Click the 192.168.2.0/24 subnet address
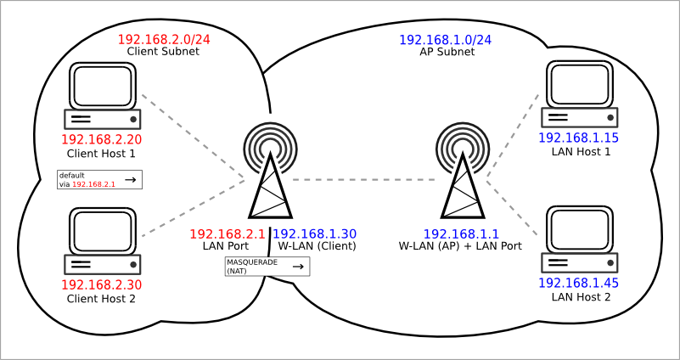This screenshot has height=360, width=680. pyautogui.click(x=164, y=39)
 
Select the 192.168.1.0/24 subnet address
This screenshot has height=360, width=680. pyautogui.click(x=445, y=41)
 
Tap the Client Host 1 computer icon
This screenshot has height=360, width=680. pyautogui.click(x=103, y=95)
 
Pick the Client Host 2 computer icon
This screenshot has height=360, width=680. pyautogui.click(x=103, y=241)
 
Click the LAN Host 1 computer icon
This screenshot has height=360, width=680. pyautogui.click(x=579, y=93)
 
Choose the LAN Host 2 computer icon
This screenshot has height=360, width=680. pyautogui.click(x=579, y=239)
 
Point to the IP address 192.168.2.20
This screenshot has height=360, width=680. pyautogui.click(x=102, y=139)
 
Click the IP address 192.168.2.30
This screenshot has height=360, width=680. pyautogui.click(x=102, y=285)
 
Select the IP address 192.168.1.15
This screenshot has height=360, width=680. pyautogui.click(x=578, y=138)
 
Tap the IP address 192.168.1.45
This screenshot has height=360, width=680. pyautogui.click(x=578, y=284)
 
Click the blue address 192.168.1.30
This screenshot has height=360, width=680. pyautogui.click(x=315, y=234)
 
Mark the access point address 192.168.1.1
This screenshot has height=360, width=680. pyautogui.click(x=461, y=234)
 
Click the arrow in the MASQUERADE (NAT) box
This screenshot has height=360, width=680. pyautogui.click(x=297, y=267)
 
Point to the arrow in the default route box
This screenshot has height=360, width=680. pyautogui.click(x=130, y=179)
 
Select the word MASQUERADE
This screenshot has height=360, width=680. pyautogui.click(x=252, y=263)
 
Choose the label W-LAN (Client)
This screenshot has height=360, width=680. pyautogui.click(x=317, y=246)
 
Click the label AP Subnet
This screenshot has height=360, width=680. pyautogui.click(x=447, y=52)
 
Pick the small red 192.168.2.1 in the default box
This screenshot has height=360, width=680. pyautogui.click(x=93, y=184)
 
